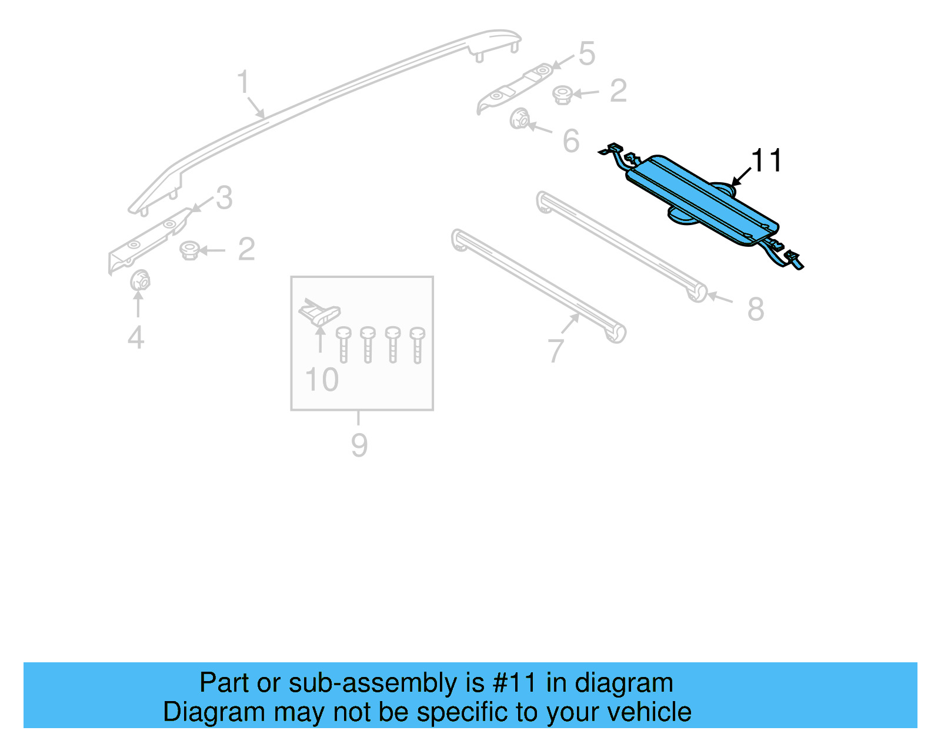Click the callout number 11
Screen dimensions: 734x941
pyautogui.click(x=766, y=160)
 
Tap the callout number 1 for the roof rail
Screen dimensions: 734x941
pyautogui.click(x=243, y=82)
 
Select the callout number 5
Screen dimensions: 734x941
pyautogui.click(x=586, y=54)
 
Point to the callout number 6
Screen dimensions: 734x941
pyautogui.click(x=570, y=141)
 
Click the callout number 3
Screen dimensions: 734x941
pyautogui.click(x=224, y=198)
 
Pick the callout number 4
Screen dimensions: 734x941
pyautogui.click(x=136, y=337)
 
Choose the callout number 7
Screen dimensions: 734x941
pyautogui.click(x=556, y=351)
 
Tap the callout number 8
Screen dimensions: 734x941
pyautogui.click(x=756, y=309)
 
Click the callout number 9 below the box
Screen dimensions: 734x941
pyautogui.click(x=359, y=445)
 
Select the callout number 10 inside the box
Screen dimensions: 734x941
pyautogui.click(x=322, y=380)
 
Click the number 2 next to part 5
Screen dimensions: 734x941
pyautogui.click(x=618, y=91)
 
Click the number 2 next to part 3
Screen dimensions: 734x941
pyautogui.click(x=246, y=249)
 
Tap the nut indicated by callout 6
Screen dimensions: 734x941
pyautogui.click(x=519, y=119)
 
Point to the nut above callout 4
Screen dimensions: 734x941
pyautogui.click(x=139, y=280)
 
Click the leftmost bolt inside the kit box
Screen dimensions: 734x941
pyautogui.click(x=343, y=344)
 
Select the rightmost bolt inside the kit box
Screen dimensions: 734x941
pyautogui.click(x=418, y=344)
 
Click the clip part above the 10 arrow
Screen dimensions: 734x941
pyautogui.click(x=319, y=313)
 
